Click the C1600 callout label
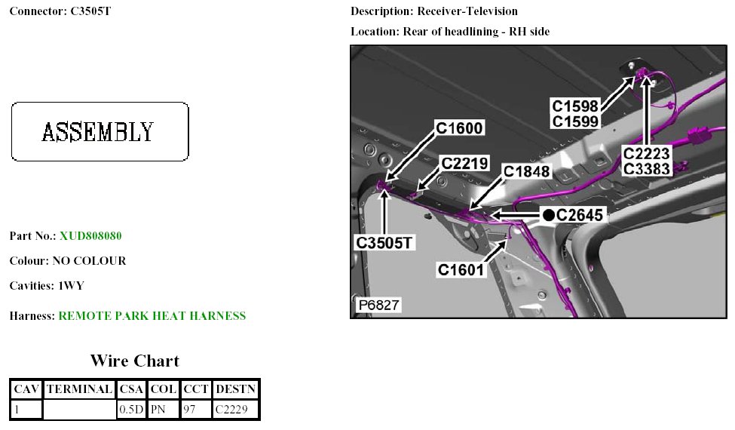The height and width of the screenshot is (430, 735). (x=460, y=129)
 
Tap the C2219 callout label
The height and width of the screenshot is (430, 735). (x=465, y=163)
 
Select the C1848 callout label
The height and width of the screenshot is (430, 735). (x=527, y=172)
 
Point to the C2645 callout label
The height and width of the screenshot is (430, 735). (x=580, y=216)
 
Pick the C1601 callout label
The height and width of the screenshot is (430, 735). (x=461, y=269)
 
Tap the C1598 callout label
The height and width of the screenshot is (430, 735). (x=576, y=106)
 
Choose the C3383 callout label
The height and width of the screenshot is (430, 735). (x=647, y=169)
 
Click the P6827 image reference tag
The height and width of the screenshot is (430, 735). (x=378, y=306)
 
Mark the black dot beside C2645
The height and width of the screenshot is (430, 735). (x=549, y=216)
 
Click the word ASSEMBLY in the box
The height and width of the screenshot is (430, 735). (x=99, y=132)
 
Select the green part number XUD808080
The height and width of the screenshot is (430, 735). (x=90, y=236)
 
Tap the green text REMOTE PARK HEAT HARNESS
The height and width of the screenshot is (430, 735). (x=152, y=316)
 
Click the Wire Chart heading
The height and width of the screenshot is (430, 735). (x=135, y=361)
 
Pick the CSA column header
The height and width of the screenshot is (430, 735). (x=131, y=390)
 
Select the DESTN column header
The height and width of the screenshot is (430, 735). (x=236, y=390)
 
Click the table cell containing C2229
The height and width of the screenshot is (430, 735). (x=236, y=410)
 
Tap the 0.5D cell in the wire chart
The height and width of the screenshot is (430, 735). (x=131, y=410)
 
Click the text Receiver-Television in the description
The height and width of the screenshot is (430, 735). (x=467, y=11)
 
